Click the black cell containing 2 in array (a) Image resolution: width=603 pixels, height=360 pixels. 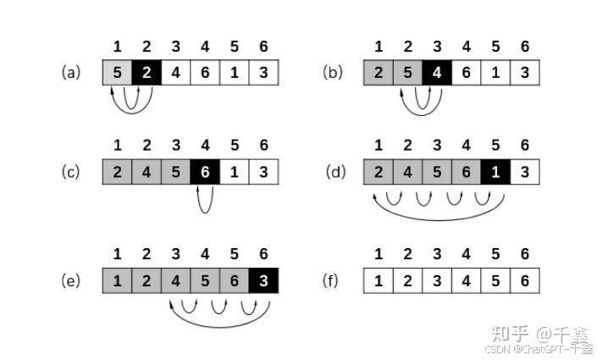click(147, 73)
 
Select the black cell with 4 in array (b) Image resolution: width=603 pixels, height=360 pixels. click(437, 73)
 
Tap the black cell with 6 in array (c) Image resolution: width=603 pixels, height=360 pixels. click(205, 172)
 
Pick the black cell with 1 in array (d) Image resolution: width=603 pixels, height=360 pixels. click(495, 172)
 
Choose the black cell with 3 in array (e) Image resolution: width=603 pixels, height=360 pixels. click(263, 280)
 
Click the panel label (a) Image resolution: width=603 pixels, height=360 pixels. click(71, 73)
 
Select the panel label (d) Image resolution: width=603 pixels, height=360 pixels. click(336, 172)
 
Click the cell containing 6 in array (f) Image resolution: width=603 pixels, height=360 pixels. click(525, 280)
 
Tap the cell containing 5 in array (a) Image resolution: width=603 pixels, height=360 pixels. click(118, 73)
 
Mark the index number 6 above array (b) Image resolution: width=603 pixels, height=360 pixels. click(525, 47)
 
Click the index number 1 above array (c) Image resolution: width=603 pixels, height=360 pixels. click(118, 146)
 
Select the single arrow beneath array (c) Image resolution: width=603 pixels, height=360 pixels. click(204, 200)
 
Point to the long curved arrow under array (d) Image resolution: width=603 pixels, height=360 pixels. click(438, 215)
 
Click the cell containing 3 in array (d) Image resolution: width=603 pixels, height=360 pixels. click(525, 172)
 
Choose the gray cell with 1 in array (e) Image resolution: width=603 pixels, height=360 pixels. click(118, 280)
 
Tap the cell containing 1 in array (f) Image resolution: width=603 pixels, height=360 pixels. click(379, 280)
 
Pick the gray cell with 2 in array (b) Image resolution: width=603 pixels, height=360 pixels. click(379, 73)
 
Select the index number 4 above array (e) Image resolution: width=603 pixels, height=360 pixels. click(205, 254)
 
